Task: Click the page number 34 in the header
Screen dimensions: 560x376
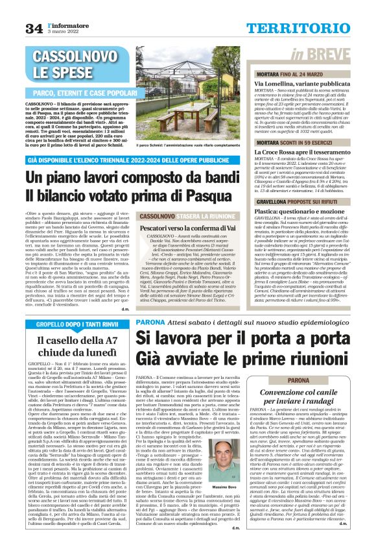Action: click(x=34, y=29)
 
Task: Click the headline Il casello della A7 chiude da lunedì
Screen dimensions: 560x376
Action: click(x=68, y=346)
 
